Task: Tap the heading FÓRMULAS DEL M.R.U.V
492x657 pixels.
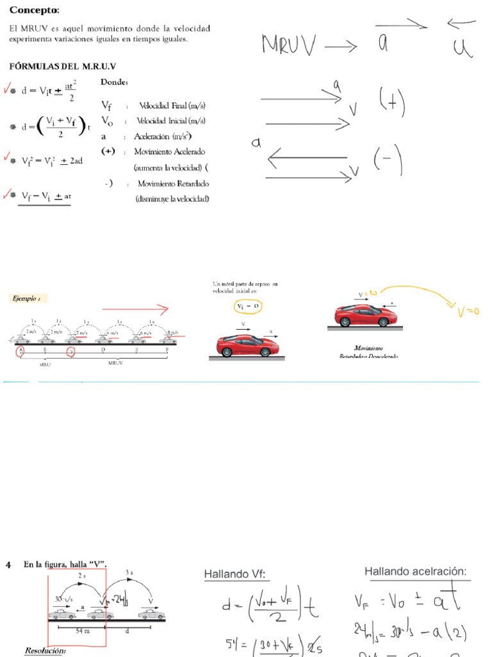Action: tap(62, 67)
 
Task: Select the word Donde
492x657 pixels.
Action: tap(115, 82)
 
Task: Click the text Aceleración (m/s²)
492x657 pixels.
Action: tap(163, 136)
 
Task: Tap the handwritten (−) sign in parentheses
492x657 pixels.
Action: tap(388, 160)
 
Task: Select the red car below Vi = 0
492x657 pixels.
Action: tap(247, 346)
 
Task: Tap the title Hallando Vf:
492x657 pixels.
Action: tap(234, 574)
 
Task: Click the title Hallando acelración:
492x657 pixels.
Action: tap(415, 572)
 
